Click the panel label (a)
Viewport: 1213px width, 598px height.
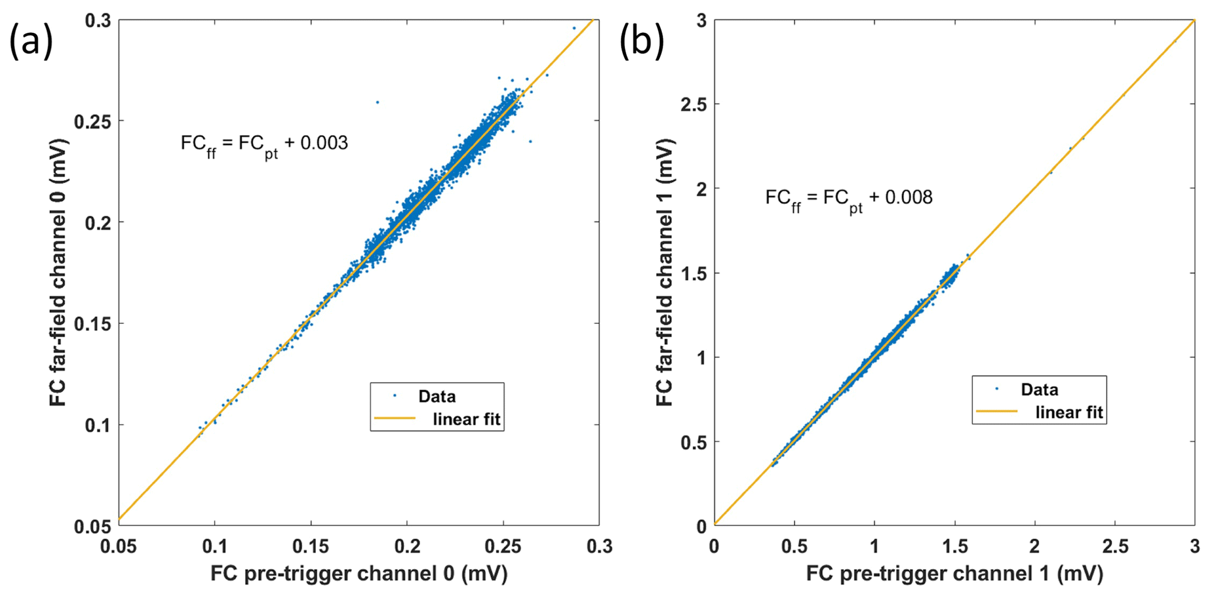31,42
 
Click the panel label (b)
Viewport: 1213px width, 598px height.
642,42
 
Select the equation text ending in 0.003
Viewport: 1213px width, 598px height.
264,144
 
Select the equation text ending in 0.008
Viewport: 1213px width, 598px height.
849,198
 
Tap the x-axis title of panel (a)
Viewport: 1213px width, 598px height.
359,573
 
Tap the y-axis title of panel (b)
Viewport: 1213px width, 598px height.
665,273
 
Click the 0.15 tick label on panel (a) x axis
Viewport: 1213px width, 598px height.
310,546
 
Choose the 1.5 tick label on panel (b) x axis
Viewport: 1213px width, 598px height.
954,546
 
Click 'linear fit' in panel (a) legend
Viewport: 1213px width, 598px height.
467,419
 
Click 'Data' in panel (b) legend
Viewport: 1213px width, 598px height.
1039,390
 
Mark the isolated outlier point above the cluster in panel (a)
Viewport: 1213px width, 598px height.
377,102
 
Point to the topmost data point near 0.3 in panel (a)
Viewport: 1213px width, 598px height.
574,28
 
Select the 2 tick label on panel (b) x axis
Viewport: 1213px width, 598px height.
1035,546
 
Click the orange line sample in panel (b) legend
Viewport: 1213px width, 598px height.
996,412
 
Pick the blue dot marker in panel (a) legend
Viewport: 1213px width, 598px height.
394,396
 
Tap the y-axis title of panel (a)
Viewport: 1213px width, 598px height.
59,273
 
